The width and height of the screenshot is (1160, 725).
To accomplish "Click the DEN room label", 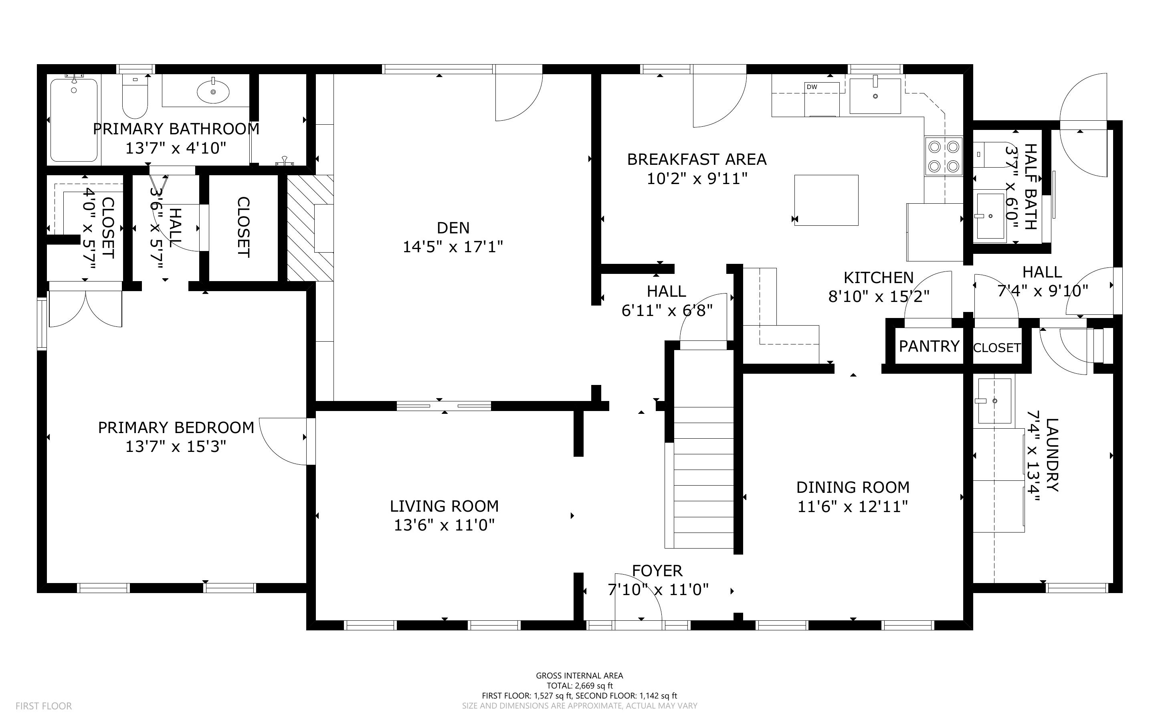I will pos(453,228).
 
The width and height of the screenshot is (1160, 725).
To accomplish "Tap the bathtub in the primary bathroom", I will pos(74,120).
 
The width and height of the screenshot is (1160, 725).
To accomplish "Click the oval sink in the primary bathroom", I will pos(213,91).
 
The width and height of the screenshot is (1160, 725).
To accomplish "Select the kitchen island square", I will pos(826,200).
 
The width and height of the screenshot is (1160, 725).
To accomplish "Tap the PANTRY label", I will pos(929,346).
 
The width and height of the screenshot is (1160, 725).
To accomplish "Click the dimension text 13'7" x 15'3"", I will pos(176,447).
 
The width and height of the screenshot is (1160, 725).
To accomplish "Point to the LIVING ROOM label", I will pos(444,506).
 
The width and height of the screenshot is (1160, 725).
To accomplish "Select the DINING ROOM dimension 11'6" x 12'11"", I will pos(853,507).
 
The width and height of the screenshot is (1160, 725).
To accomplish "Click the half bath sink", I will pos(990,216).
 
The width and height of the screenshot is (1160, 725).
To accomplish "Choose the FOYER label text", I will pos(657,571).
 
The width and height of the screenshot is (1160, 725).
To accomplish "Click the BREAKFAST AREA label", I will pos(697,159).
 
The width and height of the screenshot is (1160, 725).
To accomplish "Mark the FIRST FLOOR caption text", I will pos(44,706).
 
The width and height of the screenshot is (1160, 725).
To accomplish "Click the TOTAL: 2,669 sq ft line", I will pos(579,686).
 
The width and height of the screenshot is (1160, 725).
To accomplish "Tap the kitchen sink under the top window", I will pos(875,96).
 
